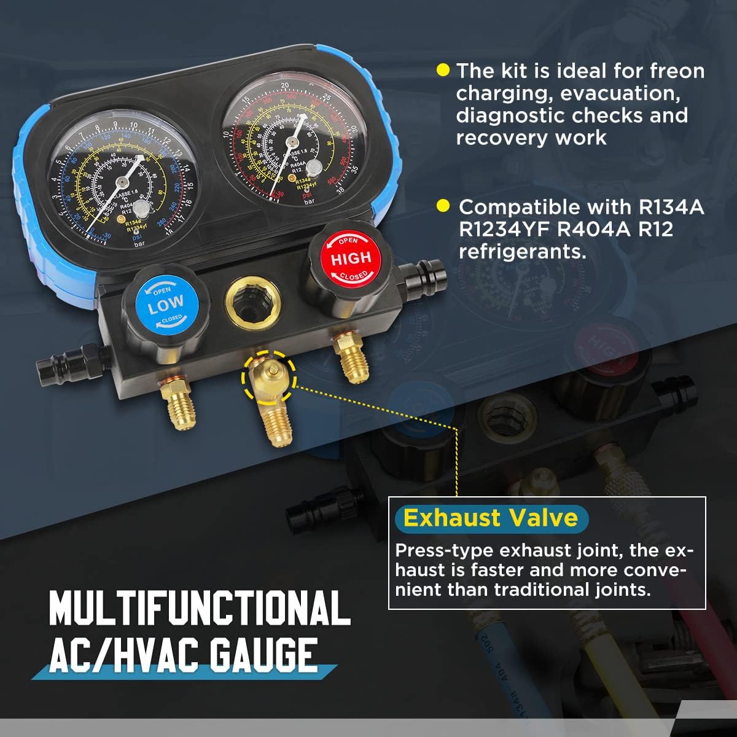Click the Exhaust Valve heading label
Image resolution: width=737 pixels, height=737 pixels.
tap(490, 518)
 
